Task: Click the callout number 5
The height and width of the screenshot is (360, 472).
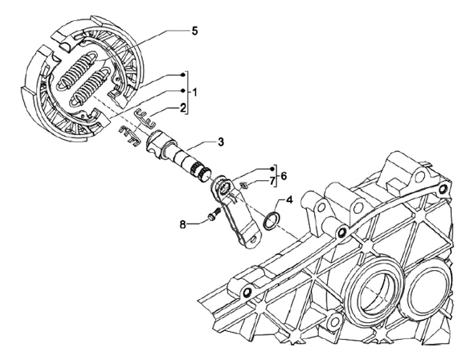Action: click(x=194, y=31)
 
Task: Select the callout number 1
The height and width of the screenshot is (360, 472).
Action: click(x=194, y=90)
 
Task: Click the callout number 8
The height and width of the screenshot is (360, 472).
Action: click(x=184, y=224)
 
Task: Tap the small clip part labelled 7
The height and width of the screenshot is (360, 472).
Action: click(x=241, y=186)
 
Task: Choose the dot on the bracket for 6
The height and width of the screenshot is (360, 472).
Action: click(x=268, y=168)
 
